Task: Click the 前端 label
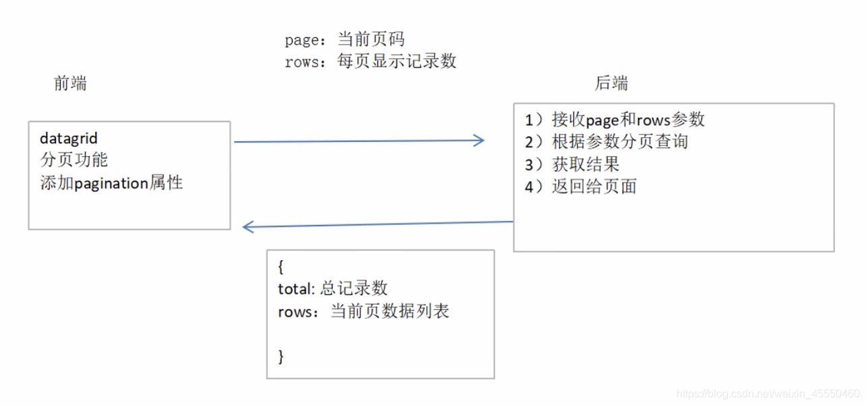click(x=70, y=83)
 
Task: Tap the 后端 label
click(x=611, y=83)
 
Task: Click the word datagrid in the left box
click(x=69, y=138)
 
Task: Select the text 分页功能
click(x=74, y=160)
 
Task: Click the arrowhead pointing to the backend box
click(x=479, y=141)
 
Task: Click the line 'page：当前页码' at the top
click(x=344, y=40)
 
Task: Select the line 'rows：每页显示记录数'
click(x=370, y=61)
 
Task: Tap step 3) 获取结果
click(x=572, y=163)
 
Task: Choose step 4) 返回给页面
click(x=581, y=186)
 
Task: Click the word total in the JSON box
click(x=295, y=288)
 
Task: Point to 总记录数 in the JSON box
click(x=354, y=288)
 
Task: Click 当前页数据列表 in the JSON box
click(x=390, y=311)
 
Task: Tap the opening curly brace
click(x=281, y=266)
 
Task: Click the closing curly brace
click(x=281, y=356)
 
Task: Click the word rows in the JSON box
click(x=293, y=311)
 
